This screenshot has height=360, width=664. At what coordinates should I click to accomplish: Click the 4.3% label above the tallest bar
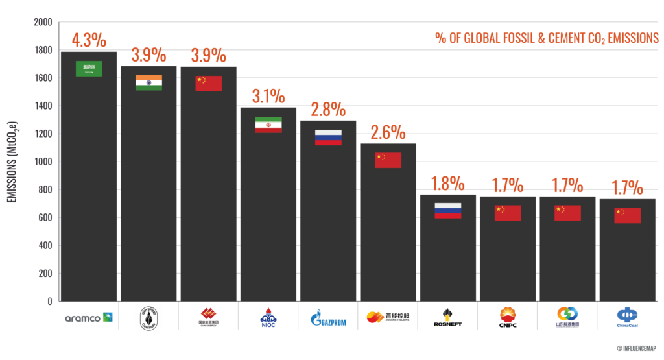(x=88, y=40)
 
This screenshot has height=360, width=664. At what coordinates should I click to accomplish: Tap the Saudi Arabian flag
(x=89, y=68)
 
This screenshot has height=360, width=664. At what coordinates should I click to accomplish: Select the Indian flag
(x=148, y=82)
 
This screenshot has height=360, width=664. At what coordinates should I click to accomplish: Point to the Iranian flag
(x=268, y=125)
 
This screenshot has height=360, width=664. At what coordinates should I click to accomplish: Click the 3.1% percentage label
(x=268, y=97)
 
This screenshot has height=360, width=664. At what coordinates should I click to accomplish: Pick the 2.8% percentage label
(x=327, y=109)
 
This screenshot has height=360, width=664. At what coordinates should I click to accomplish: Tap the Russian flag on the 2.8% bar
(x=327, y=137)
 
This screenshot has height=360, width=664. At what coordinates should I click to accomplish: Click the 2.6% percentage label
(x=388, y=133)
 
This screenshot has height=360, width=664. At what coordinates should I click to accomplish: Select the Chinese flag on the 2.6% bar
(x=388, y=160)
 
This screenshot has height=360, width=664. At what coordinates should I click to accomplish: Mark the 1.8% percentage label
(x=447, y=184)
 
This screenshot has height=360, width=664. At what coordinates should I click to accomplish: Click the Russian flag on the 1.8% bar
(x=447, y=210)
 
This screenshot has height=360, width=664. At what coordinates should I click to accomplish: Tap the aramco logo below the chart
(x=89, y=317)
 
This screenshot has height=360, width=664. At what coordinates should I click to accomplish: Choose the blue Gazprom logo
(x=327, y=317)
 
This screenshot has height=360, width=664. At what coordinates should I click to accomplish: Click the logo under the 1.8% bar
(x=447, y=317)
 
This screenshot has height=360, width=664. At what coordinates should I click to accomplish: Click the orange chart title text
(x=546, y=38)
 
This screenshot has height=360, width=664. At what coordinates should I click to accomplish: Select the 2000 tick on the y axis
(x=42, y=23)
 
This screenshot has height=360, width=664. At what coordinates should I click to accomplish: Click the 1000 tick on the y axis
(x=42, y=162)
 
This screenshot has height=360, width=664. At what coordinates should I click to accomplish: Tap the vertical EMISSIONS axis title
(x=12, y=162)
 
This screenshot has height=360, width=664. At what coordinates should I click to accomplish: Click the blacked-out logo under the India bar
(x=148, y=317)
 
